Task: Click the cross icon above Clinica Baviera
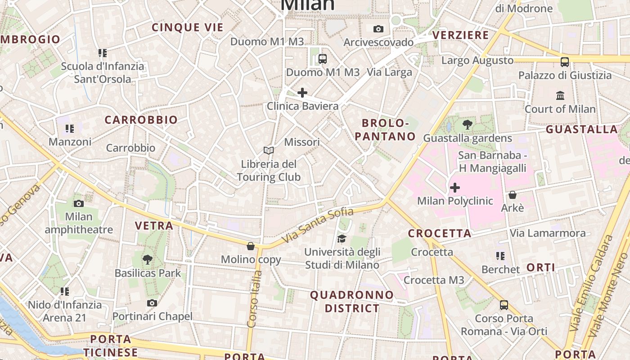[302, 93]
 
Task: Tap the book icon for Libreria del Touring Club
[269, 150]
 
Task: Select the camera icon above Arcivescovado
[378, 29]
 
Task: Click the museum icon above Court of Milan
[560, 95]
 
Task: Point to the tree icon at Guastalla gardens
[468, 125]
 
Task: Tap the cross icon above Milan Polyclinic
[455, 187]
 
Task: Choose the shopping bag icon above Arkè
[512, 195]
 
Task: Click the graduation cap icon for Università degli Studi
[342, 238]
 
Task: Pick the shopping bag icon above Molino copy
[251, 246]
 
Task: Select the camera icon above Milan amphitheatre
[79, 203]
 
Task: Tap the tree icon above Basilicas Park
[147, 259]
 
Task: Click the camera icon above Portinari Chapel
[152, 303]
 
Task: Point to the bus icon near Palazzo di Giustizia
[564, 62]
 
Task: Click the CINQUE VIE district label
[188, 27]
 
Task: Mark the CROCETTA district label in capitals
[440, 233]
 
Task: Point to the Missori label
[302, 142]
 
